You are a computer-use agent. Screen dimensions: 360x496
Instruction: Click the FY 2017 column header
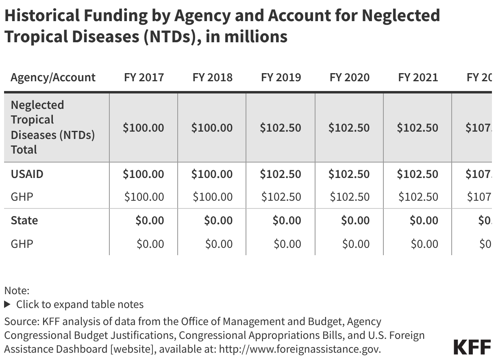(144, 77)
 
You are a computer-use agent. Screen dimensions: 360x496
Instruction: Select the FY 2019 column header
(281, 77)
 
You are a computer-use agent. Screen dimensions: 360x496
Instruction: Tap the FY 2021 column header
(418, 77)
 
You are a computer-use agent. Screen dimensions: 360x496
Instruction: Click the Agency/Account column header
(53, 77)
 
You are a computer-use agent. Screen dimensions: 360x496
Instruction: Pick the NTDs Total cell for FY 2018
(212, 128)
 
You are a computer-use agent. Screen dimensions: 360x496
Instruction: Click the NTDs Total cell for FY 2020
(349, 128)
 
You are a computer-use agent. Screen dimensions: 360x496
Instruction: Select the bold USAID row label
(27, 174)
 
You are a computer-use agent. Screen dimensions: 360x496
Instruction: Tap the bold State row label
(24, 220)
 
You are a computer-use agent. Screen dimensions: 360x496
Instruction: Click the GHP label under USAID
(22, 197)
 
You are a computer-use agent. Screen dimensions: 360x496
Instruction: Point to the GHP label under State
(22, 244)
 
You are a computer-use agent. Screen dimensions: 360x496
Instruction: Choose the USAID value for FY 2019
(281, 174)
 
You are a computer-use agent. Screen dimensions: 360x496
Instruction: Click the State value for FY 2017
(150, 220)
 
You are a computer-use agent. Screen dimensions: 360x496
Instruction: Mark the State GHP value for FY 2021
(424, 244)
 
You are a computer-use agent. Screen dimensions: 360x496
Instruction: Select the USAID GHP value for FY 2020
(349, 197)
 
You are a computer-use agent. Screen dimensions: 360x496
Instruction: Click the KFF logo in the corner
(472, 347)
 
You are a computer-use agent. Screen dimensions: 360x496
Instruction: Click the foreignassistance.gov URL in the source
(300, 349)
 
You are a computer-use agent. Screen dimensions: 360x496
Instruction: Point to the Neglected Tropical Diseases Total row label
(52, 127)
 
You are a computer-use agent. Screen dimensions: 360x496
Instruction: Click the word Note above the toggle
(17, 291)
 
